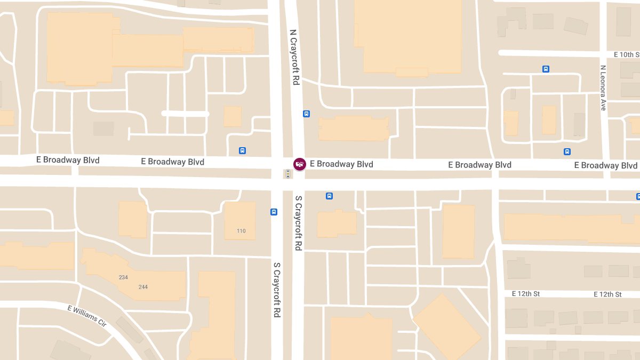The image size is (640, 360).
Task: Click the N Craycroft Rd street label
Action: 294,57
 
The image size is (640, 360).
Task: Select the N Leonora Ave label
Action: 603,88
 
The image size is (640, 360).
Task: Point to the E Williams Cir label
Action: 87,316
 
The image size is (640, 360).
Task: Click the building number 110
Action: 241,231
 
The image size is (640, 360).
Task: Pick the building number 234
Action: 124,277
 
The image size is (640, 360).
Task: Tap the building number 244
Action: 143,287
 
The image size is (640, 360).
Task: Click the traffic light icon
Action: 288,174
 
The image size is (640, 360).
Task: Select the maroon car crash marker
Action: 300,164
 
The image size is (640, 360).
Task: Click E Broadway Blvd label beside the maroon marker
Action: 341,164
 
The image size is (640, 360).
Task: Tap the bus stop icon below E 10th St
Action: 546,69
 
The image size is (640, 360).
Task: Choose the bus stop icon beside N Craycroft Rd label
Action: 306,114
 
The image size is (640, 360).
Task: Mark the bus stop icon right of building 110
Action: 274,212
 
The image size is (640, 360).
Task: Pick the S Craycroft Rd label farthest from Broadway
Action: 277,290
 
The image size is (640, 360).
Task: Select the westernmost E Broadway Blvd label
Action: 68,160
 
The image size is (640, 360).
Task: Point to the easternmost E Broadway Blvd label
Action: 606,165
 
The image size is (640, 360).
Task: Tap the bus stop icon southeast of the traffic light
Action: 329,196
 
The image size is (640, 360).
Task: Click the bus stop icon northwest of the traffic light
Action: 243,150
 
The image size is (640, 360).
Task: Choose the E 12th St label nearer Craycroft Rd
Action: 526,294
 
